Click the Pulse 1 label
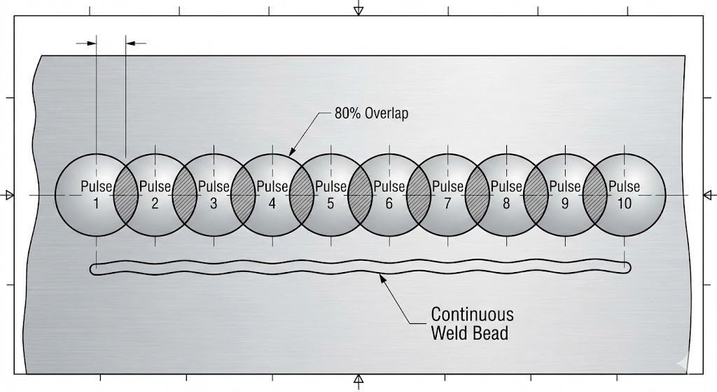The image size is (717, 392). [x=96, y=195]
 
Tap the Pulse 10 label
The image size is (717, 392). [x=624, y=195]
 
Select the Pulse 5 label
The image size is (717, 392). [x=330, y=195]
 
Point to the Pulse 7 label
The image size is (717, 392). [x=447, y=195]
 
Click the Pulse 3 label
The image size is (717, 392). [x=214, y=195]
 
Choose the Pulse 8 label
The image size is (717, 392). [x=506, y=195]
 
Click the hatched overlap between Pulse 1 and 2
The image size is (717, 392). [x=125, y=194]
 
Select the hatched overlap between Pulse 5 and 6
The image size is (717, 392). [x=360, y=194]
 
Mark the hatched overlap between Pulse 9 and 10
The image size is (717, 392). [x=594, y=194]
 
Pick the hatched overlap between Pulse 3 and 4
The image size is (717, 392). [x=243, y=194]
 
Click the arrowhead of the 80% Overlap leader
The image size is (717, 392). [x=293, y=152]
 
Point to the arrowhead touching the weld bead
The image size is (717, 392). [x=382, y=277]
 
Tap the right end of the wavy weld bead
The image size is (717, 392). [x=627, y=266]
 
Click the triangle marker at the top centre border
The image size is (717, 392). [x=358, y=10]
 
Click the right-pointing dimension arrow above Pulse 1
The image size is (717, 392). [x=91, y=43]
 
